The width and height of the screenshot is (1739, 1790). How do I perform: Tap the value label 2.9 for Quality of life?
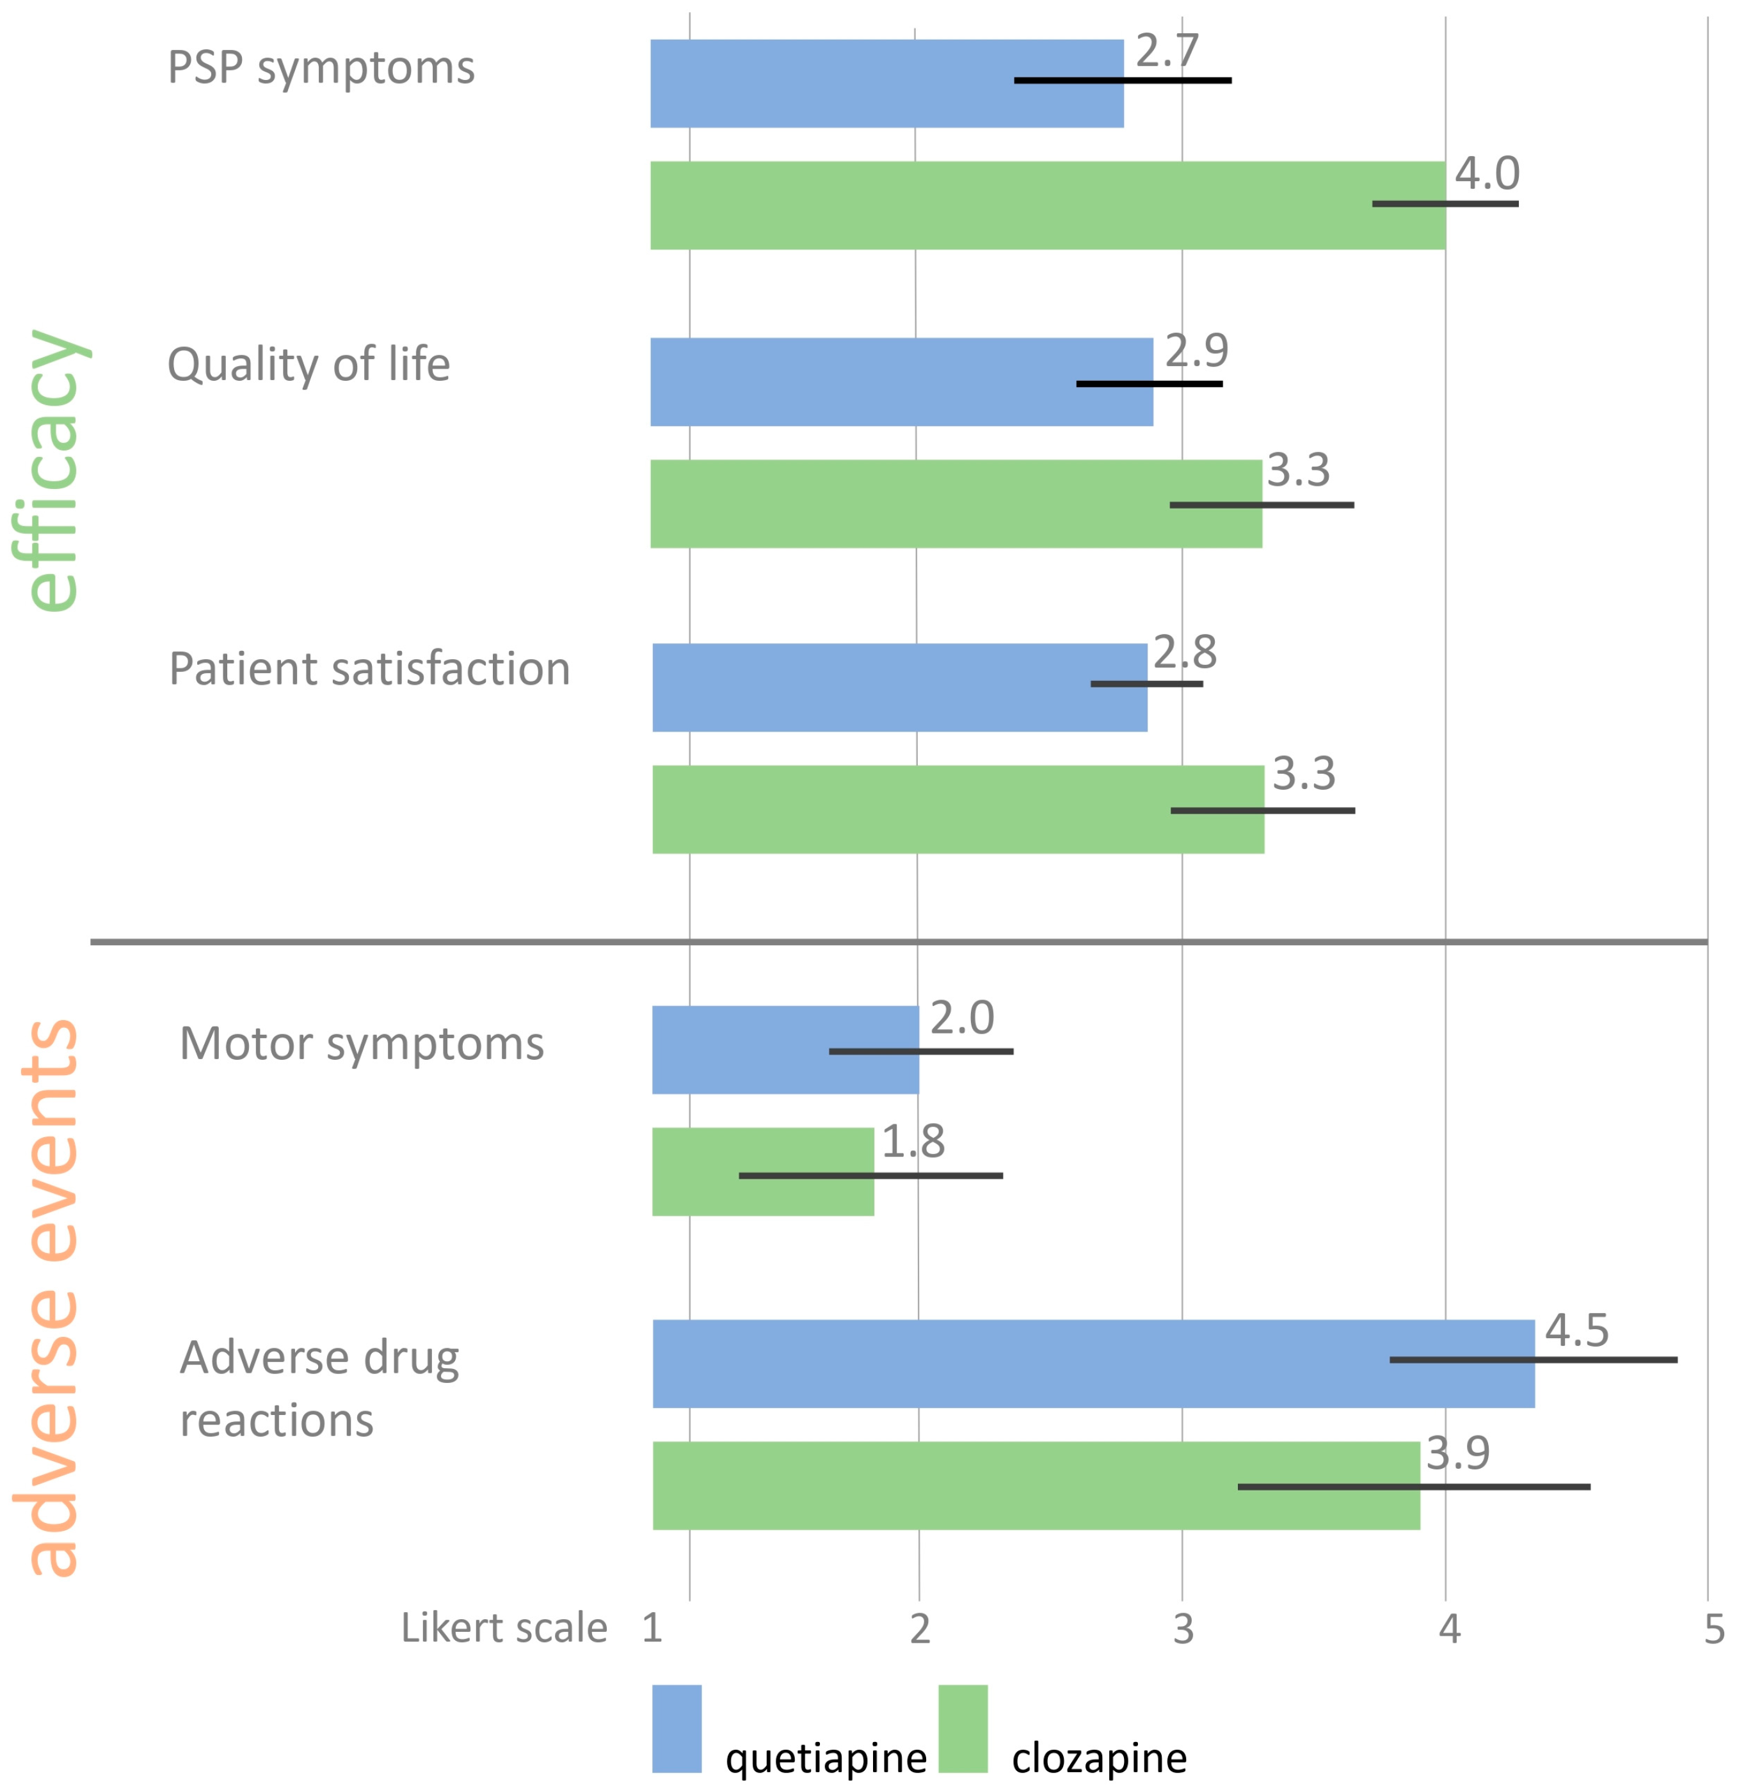coord(1196,351)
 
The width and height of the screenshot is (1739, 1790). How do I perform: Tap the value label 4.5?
coord(1576,1331)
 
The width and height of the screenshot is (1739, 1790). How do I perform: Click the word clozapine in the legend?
coord(1099,1758)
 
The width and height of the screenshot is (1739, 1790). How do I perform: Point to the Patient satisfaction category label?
coord(370,669)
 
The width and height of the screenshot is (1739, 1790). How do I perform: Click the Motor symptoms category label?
coord(362,1044)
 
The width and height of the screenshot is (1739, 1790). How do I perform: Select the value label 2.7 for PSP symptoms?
coord(1166,51)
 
